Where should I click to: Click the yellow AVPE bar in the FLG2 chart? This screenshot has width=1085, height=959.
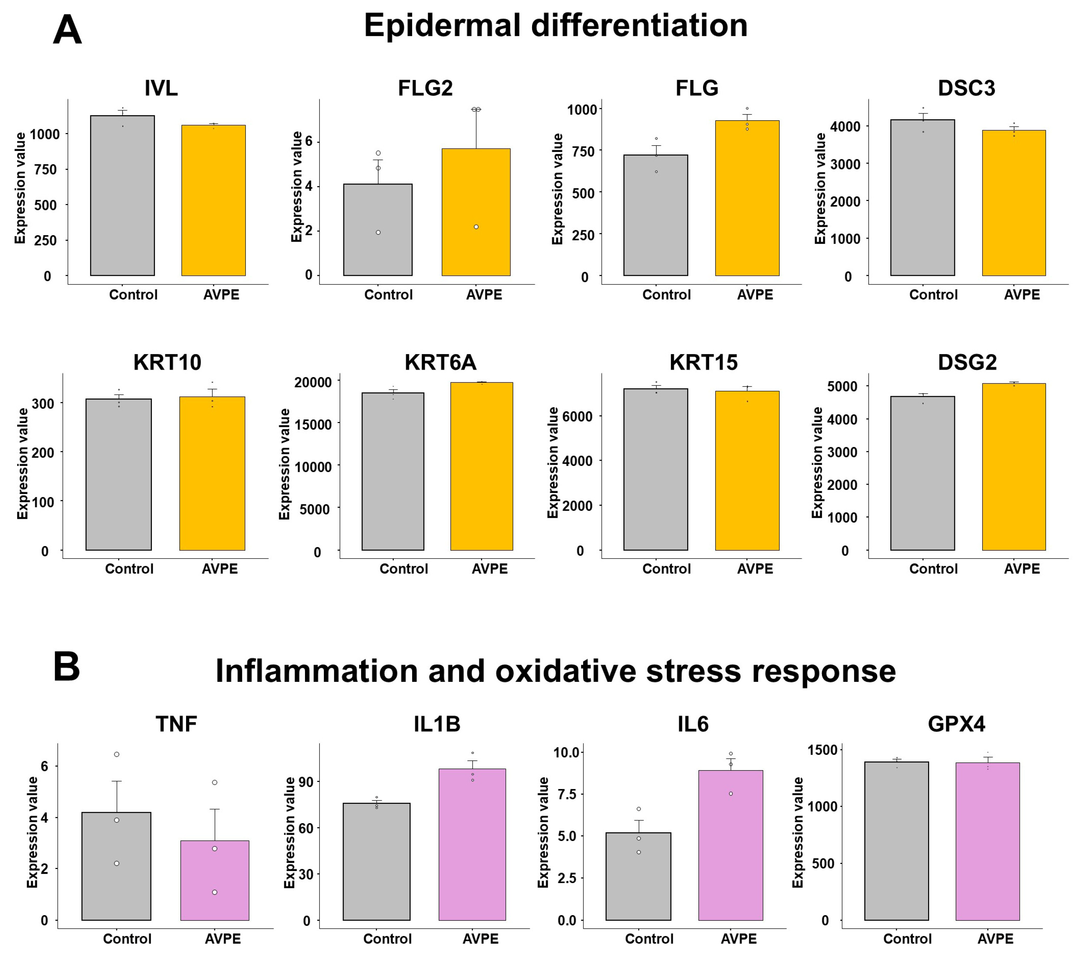pos(476,212)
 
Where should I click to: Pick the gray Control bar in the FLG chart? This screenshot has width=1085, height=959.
pos(656,215)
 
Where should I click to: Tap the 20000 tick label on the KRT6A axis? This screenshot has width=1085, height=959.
pos(313,382)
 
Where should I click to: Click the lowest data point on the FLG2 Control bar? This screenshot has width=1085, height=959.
pos(378,233)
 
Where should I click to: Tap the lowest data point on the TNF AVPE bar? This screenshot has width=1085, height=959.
pos(214,892)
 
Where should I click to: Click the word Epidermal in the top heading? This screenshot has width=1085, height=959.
pos(442,26)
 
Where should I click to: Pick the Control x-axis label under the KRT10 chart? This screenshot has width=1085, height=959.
pos(129,569)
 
